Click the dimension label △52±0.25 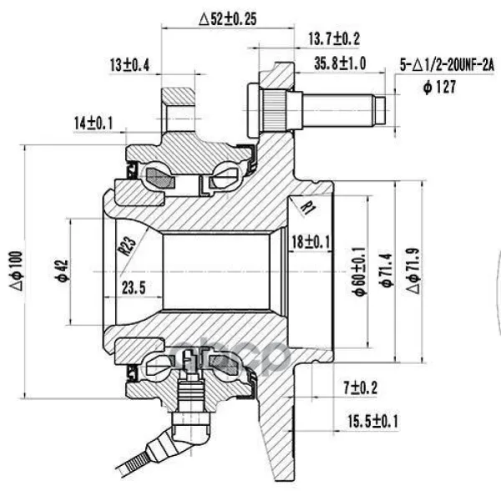pyautogui.click(x=227, y=19)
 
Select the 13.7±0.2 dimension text pyautogui.click(x=334, y=39)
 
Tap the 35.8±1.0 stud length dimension pyautogui.click(x=340, y=63)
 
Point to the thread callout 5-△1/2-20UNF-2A pyautogui.click(x=447, y=65)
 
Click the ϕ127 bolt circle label pyautogui.click(x=440, y=87)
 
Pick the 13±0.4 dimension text pyautogui.click(x=129, y=65)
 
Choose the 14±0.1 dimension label pyautogui.click(x=94, y=123)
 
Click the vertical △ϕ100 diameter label pyautogui.click(x=17, y=271)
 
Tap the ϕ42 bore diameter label pyautogui.click(x=63, y=271)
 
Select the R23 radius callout pyautogui.click(x=127, y=245)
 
